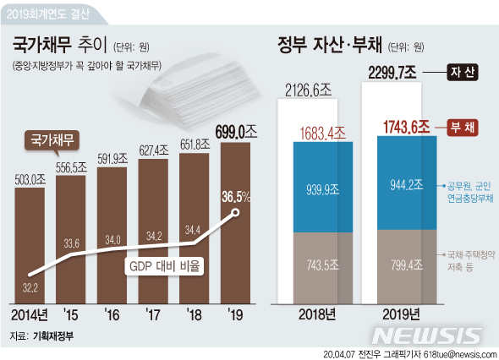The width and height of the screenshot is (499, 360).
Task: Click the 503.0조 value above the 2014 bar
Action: click(30, 178)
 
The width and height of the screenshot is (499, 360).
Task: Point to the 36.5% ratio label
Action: click(236, 197)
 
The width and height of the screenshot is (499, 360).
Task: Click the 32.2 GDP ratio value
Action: click(30, 288)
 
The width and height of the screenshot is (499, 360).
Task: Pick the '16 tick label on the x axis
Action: click(112, 316)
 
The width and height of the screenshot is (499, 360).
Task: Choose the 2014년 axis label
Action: click(31, 316)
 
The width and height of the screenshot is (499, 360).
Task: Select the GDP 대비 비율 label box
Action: click(166, 266)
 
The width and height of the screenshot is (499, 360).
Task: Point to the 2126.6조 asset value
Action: click(309, 88)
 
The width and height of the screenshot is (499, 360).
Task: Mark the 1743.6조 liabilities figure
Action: click(398, 128)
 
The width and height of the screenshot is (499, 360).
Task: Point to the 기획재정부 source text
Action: click(53, 335)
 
